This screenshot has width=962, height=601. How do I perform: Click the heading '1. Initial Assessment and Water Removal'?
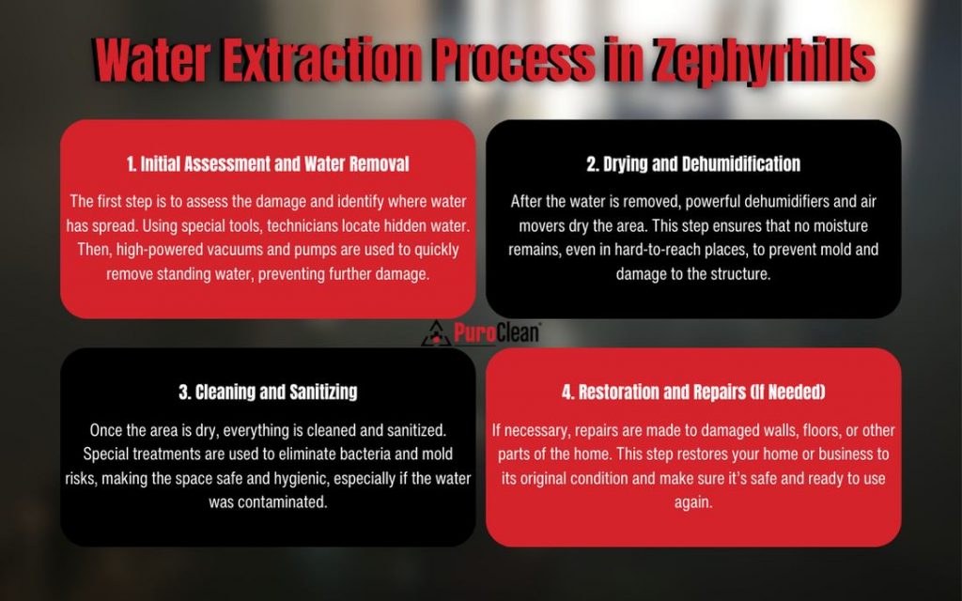(x=268, y=164)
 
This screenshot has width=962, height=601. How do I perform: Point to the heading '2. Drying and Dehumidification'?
(x=693, y=164)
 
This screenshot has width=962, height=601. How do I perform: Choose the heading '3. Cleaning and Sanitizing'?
(x=268, y=392)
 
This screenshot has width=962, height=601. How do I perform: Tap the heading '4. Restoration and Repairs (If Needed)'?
(x=693, y=392)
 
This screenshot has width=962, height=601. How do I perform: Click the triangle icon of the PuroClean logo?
(x=435, y=332)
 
